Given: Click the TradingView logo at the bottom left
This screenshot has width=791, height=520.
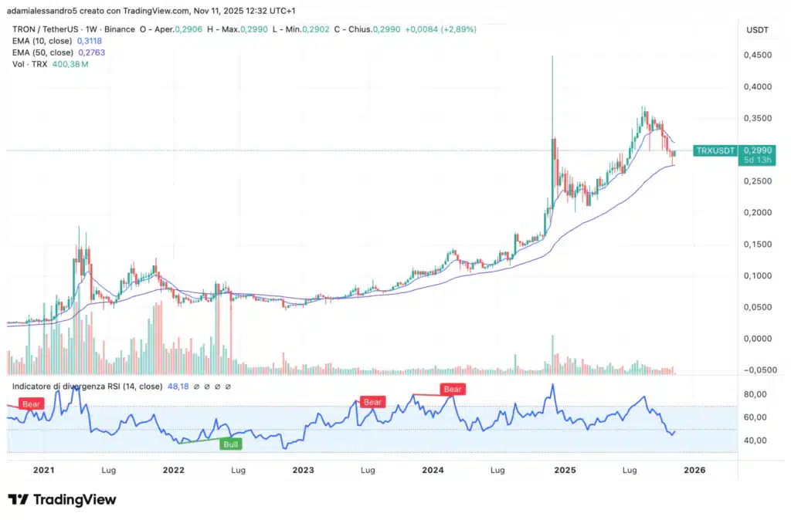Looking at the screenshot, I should [x=62, y=500].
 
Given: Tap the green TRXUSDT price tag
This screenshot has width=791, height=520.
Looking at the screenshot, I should [x=714, y=151].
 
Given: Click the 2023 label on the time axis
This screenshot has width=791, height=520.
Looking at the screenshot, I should [x=303, y=470].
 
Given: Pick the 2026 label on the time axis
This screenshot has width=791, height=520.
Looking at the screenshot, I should [x=694, y=470].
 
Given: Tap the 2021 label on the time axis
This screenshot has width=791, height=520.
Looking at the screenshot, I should [x=43, y=470].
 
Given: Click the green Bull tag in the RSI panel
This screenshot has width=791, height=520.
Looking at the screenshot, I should [x=231, y=444].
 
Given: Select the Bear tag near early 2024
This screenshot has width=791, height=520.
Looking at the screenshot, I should [x=453, y=390].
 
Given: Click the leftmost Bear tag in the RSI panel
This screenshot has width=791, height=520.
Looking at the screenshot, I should [x=32, y=404].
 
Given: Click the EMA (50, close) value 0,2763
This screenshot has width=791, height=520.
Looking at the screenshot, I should [x=91, y=52].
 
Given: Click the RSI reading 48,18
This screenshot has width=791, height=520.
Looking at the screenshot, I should [x=175, y=386].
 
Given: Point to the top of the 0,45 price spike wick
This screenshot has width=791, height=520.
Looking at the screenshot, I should [x=552, y=56].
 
